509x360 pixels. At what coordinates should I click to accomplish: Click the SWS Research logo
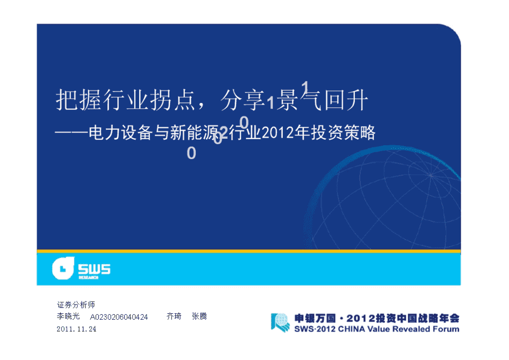click(x=81, y=269)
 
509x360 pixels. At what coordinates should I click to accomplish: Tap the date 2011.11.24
click(x=77, y=329)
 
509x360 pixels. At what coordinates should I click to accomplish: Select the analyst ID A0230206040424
click(x=119, y=317)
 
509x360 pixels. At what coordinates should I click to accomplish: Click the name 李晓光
click(x=68, y=316)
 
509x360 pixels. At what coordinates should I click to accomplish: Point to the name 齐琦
click(x=174, y=316)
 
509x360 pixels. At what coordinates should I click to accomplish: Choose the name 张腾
click(x=199, y=316)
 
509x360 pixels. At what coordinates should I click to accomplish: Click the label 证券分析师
click(x=76, y=305)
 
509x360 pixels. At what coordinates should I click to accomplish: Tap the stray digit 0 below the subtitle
click(x=191, y=153)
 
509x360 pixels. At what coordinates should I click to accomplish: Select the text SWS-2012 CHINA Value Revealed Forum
click(x=377, y=329)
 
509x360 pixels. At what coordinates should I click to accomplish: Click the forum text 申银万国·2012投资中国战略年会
click(x=377, y=318)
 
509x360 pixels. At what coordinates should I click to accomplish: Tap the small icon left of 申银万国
click(x=280, y=322)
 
